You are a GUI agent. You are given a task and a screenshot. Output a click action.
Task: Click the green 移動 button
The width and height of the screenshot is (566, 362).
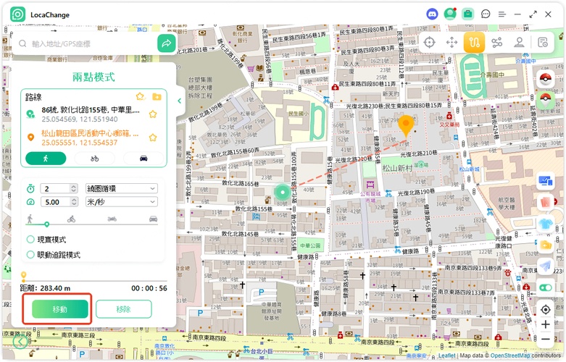(60, 309)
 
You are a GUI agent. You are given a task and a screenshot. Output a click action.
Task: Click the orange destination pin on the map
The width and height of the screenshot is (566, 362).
(406, 125)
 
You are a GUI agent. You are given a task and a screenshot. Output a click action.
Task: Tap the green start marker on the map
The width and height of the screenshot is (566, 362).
(281, 193)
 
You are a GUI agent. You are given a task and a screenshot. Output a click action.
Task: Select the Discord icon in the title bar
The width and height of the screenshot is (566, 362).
(432, 14)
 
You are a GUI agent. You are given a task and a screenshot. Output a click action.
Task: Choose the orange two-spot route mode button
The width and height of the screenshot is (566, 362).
(474, 42)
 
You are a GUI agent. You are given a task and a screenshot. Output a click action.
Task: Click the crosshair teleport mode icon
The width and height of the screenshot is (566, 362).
(429, 42)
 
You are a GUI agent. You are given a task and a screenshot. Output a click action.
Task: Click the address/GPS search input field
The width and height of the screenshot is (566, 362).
(91, 44)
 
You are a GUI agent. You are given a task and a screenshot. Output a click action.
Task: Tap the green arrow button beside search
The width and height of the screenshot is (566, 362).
(167, 43)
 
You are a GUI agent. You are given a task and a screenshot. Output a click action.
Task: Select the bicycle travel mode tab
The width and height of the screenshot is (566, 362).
(95, 158)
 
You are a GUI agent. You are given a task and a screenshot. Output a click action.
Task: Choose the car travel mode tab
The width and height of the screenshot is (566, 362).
(143, 158)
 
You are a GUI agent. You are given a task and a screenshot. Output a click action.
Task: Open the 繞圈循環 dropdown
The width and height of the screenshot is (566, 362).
(121, 189)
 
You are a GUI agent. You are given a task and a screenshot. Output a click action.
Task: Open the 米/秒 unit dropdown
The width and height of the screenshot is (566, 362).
(121, 202)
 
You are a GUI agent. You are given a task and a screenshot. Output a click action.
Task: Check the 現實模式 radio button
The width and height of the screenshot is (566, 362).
(30, 240)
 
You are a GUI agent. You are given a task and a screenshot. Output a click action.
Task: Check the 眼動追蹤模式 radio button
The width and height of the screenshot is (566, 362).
(30, 254)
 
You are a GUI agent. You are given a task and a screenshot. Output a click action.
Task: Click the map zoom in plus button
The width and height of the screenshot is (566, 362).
(546, 324)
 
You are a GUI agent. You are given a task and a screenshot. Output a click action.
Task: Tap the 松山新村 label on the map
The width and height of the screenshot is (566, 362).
(399, 169)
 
